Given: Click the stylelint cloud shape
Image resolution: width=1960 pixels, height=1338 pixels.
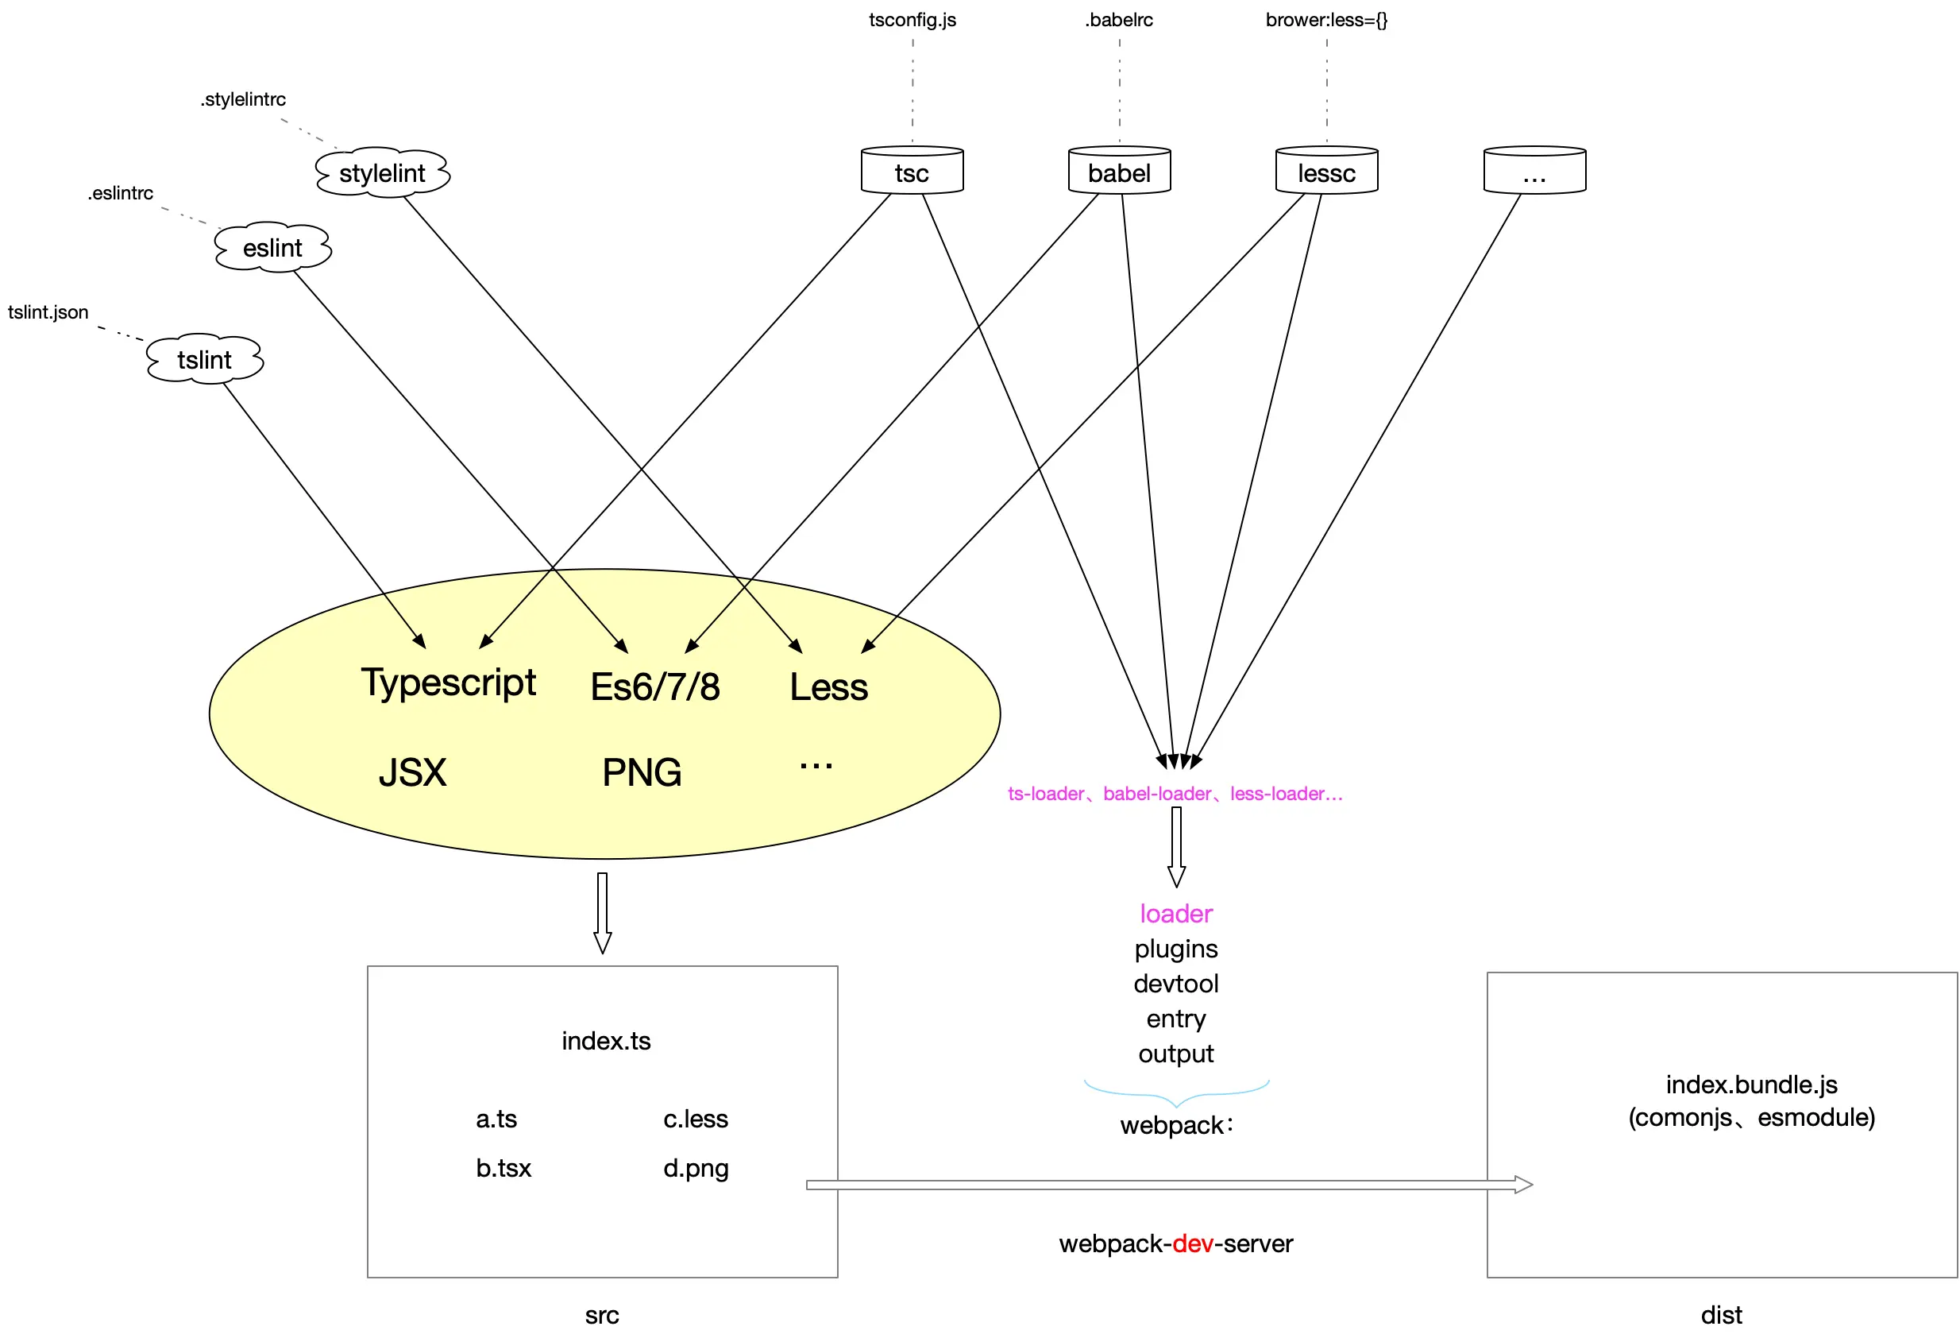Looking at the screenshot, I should click(382, 173).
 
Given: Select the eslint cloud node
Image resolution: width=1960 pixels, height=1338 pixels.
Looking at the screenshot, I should click(272, 248).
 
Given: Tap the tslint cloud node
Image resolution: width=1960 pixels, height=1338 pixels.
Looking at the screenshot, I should click(204, 360).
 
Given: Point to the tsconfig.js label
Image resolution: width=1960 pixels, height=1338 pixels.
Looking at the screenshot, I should click(912, 20).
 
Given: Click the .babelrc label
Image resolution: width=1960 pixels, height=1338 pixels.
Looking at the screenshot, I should click(1119, 20).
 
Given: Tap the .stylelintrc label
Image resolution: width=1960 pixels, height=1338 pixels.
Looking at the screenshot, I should click(243, 99).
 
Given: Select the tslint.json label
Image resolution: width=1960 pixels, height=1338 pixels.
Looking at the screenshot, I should click(48, 312).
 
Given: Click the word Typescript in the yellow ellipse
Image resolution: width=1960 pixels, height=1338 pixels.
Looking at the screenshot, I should click(449, 683).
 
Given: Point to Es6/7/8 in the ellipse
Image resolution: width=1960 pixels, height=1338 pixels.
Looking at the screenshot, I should click(655, 686).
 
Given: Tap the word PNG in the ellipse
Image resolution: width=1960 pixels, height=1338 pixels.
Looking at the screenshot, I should click(642, 773).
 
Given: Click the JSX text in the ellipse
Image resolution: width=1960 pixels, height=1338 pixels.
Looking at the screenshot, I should click(412, 773).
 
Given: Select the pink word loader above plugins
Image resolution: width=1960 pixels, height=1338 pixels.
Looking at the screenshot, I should click(1175, 914).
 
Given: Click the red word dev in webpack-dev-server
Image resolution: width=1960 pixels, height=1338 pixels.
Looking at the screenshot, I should click(1193, 1243).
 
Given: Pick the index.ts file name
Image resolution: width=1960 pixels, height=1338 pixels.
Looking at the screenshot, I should click(607, 1041).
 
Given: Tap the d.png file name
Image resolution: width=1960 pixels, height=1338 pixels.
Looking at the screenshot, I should click(696, 1169).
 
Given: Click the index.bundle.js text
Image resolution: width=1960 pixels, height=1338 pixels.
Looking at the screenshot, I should click(1752, 1085).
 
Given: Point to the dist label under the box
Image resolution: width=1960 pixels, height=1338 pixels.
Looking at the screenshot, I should click(1721, 1315).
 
